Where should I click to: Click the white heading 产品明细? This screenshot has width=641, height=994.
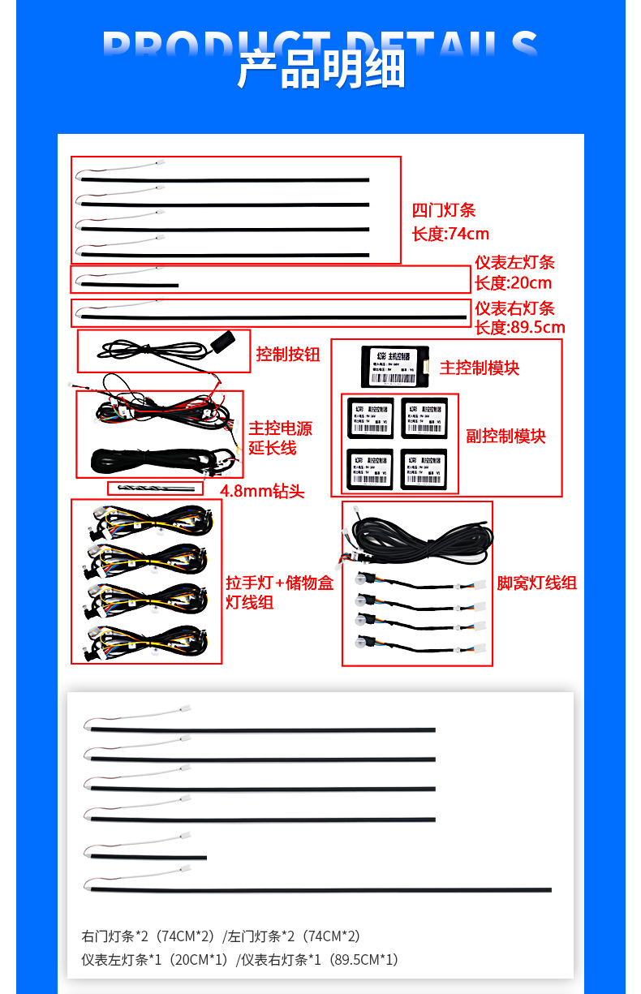click(320, 68)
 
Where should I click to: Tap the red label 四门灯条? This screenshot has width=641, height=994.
click(443, 211)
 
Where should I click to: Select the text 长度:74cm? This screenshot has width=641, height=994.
click(450, 235)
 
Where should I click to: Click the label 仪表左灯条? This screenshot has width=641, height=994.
click(514, 263)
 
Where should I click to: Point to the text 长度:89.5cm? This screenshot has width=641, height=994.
click(519, 328)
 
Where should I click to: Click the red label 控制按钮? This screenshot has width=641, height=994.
click(288, 355)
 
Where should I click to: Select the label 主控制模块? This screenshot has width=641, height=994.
click(479, 368)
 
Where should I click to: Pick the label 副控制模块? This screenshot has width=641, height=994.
click(505, 437)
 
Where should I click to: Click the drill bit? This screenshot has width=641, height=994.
click(156, 488)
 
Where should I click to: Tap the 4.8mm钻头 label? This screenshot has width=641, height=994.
click(262, 492)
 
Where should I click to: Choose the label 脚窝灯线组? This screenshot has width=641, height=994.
click(536, 583)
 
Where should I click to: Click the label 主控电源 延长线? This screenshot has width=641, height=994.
click(280, 438)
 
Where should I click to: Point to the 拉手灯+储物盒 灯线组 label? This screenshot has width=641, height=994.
click(279, 592)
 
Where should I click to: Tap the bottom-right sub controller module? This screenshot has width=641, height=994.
click(424, 469)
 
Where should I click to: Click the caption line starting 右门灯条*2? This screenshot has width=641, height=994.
click(221, 936)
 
